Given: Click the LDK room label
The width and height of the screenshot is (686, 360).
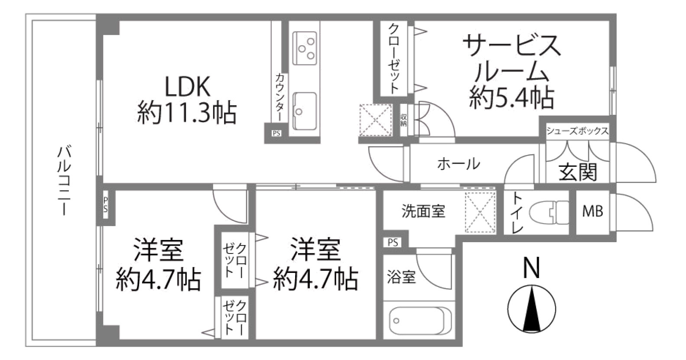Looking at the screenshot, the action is point(187,87).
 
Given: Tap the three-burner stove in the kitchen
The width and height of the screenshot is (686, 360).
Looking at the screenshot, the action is point(304,49).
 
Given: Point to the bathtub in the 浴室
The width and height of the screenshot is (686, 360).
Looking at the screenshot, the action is point(417,321).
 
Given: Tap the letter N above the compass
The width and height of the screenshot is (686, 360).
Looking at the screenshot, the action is point(531,268).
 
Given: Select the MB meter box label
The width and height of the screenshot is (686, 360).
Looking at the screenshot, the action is point(592,211).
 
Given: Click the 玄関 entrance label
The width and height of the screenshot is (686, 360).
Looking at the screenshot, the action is point(578,172).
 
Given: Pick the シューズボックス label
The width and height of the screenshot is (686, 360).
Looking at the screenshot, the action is point(578,131).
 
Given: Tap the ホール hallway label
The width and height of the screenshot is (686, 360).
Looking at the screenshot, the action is point(458,164).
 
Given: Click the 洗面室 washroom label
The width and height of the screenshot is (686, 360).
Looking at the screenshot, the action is point(423,211).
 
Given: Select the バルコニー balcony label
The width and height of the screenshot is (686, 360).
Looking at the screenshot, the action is point(65,181).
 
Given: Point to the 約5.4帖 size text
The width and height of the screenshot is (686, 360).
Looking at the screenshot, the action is point(512,97).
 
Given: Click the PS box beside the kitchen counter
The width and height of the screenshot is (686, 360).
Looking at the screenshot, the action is point(276,133).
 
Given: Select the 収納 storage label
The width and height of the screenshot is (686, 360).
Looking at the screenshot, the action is point(403,120).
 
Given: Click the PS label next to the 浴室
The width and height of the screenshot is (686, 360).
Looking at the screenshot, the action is point(393,243).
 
